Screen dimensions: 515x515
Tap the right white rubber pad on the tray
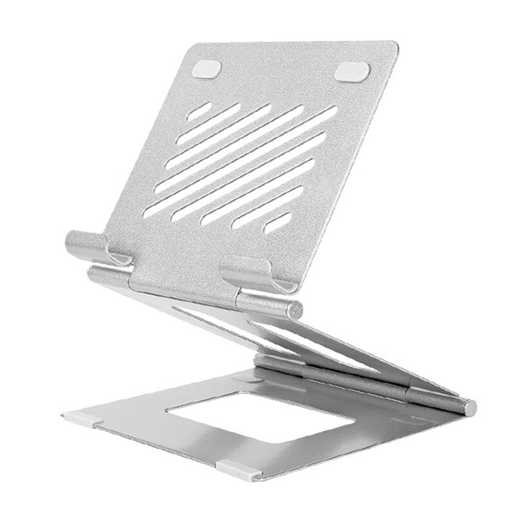pos(353,71)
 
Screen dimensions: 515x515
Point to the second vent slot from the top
pos(226,122)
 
